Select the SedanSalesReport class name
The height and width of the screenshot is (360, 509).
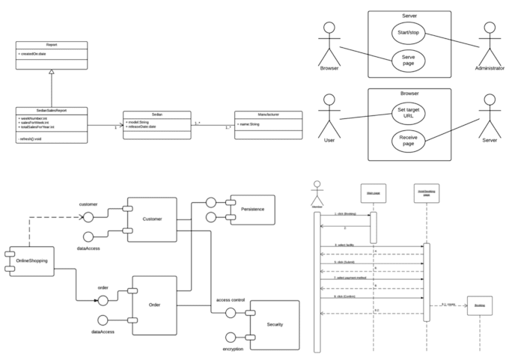tap(51, 111)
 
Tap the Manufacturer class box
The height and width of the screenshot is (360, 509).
tap(269, 123)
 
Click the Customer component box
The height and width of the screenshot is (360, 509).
tap(152, 219)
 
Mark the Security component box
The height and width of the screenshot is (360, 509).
tap(274, 325)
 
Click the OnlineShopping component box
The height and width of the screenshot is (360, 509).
tap(29, 260)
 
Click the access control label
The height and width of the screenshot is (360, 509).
tap(230, 299)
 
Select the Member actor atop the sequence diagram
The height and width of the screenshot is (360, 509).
tap(317, 187)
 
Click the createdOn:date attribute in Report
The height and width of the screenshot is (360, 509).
tap(34, 55)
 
